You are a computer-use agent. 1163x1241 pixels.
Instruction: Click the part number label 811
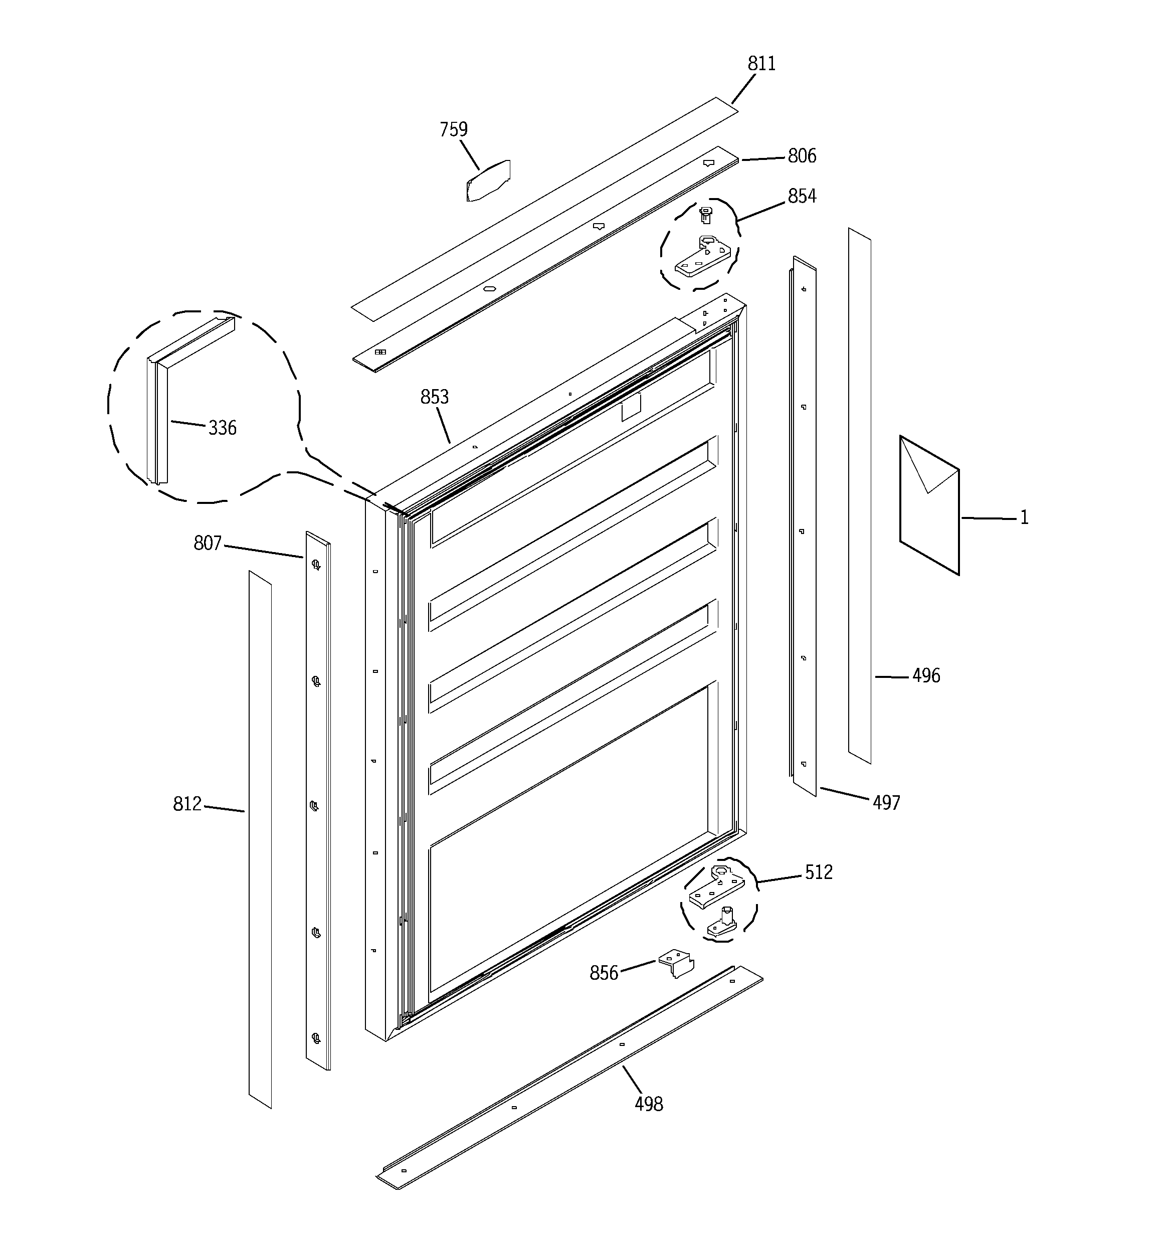pos(761,64)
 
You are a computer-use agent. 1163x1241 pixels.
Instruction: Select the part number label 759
pos(453,129)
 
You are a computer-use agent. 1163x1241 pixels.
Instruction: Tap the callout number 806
pos(802,155)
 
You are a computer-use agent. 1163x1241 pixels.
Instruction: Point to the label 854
pos(802,196)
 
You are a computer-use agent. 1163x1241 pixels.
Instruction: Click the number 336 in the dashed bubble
pos(222,428)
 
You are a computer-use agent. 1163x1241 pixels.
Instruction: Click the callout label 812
pos(187,803)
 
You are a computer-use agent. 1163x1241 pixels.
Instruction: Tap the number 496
pos(926,675)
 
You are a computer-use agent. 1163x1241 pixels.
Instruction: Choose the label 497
pos(886,803)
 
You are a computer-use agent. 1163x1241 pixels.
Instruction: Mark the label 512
pos(819,872)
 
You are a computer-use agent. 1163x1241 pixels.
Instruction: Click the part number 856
pos(604,973)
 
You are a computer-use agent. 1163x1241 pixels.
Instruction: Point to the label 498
pos(649,1104)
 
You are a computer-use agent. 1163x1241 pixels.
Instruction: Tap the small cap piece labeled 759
pos(488,181)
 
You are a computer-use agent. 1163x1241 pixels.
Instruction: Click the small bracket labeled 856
pos(677,964)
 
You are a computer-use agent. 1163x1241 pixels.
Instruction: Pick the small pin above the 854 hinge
pos(705,215)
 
